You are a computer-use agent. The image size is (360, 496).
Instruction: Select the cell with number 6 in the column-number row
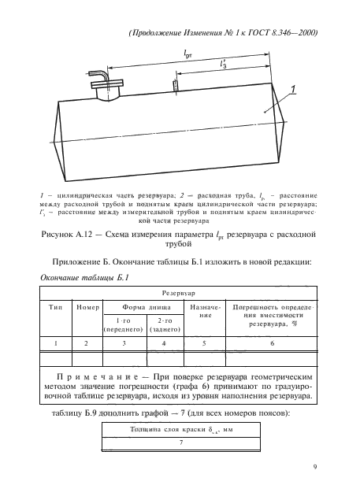pos(272,344)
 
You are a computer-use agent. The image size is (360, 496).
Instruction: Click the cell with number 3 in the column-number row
pos(122,344)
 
